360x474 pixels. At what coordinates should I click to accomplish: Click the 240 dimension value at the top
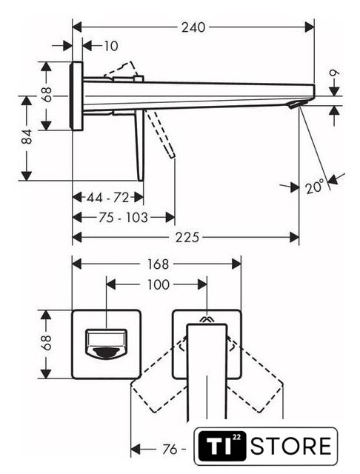tap(193, 27)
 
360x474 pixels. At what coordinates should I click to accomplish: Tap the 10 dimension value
tap(110, 46)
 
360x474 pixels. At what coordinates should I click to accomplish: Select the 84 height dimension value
tap(27, 136)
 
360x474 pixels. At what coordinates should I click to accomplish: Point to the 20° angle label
tap(314, 186)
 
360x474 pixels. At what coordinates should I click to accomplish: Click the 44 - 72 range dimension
tap(108, 198)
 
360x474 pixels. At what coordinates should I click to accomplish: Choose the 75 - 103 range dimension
tap(123, 217)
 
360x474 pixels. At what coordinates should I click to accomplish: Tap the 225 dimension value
tap(187, 237)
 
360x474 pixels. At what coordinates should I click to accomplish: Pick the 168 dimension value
tap(158, 264)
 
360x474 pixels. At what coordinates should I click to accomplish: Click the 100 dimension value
tap(158, 284)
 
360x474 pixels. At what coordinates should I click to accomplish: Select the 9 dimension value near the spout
tap(335, 73)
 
